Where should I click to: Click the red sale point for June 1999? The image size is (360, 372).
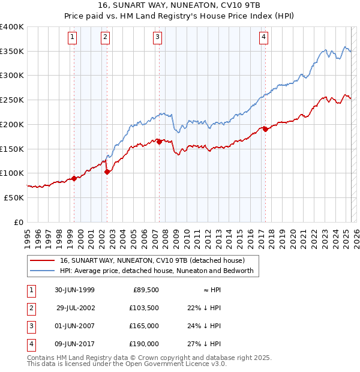click(74, 178)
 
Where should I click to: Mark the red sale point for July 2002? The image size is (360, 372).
click(107, 172)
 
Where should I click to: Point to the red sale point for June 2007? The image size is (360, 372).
click(159, 142)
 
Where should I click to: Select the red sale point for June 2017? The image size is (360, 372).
click(265, 129)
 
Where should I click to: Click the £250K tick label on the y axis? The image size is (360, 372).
click(12, 100)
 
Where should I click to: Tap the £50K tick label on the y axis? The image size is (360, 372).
click(14, 197)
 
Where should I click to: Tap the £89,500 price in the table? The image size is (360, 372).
click(145, 290)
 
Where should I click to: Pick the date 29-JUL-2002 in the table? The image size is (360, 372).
click(75, 308)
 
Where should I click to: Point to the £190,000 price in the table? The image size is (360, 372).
click(143, 344)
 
